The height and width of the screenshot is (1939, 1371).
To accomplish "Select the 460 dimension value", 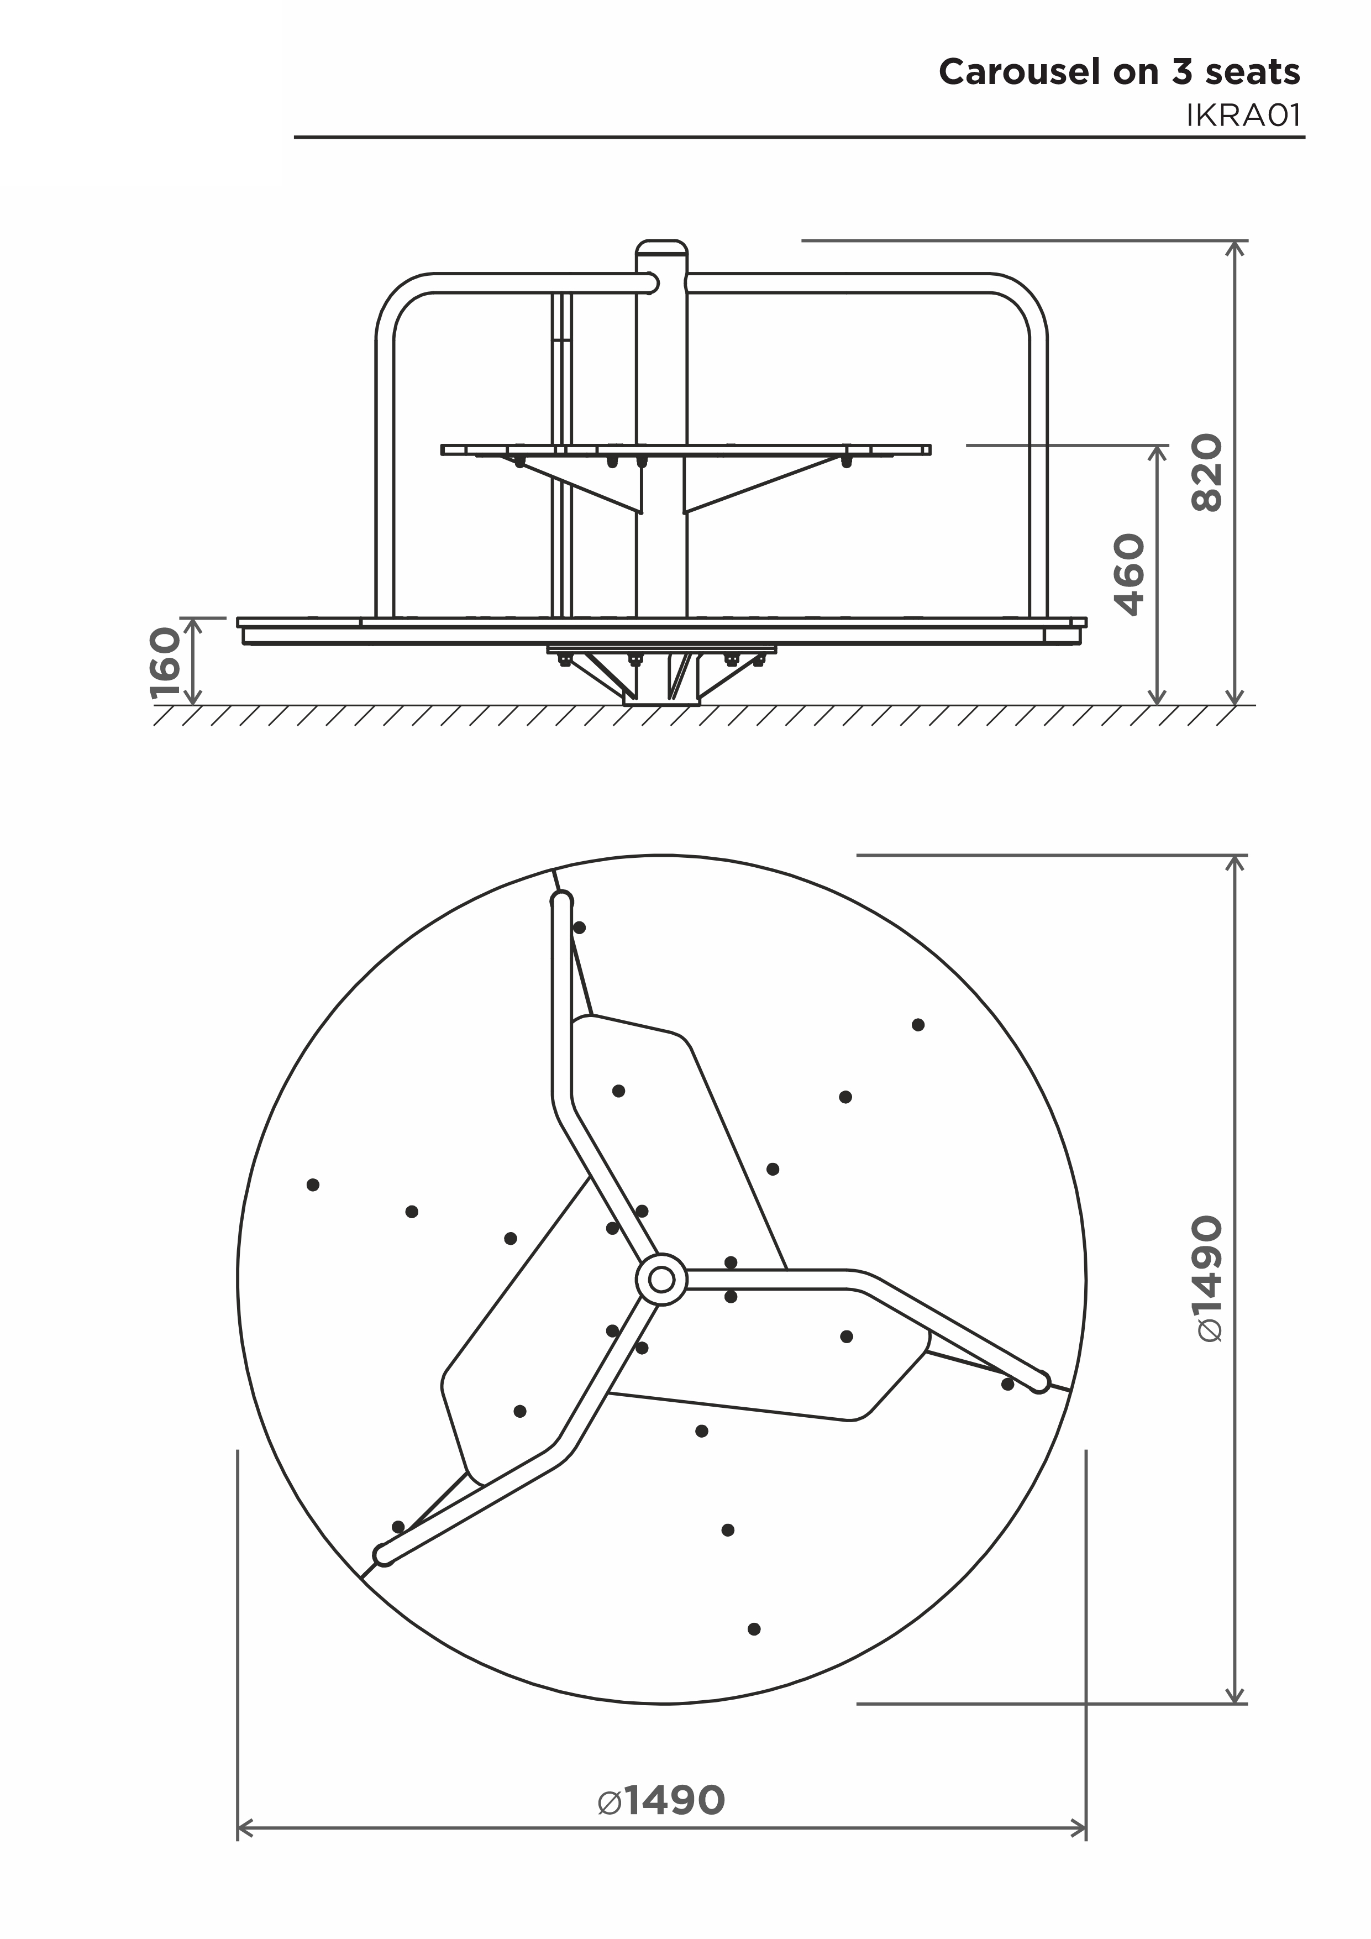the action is [1129, 574].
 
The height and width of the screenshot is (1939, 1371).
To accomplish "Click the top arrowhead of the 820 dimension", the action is [1237, 248].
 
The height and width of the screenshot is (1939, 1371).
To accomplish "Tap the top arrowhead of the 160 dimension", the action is [193, 625].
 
